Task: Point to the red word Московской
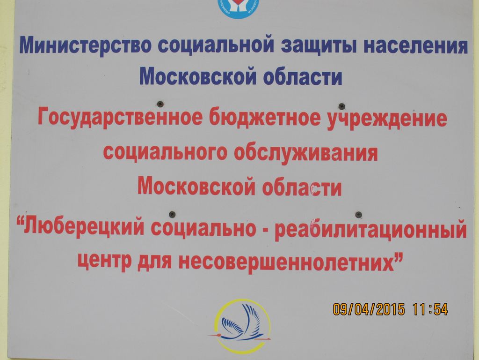196,186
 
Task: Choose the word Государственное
120,118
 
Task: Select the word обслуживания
305,153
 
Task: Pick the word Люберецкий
83,228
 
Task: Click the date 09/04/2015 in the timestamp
369,309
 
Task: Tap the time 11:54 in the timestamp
430,309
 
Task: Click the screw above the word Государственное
160,104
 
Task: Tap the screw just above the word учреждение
342,106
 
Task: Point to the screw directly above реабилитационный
359,214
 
